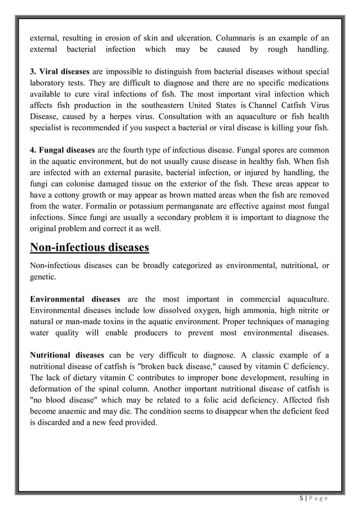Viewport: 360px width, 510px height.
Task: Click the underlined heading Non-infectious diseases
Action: (89, 248)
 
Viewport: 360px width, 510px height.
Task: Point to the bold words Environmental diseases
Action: (75, 298)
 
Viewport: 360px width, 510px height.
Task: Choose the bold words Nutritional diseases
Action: (67, 355)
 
